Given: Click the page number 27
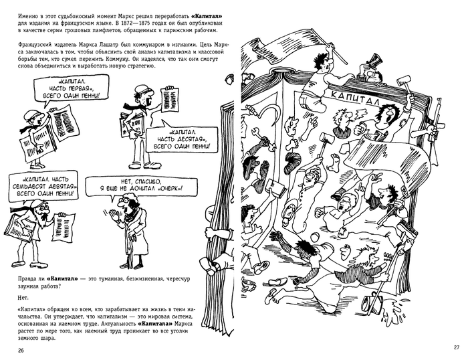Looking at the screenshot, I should (x=457, y=346).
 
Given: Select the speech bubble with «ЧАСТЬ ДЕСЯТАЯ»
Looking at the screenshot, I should (x=181, y=139).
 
